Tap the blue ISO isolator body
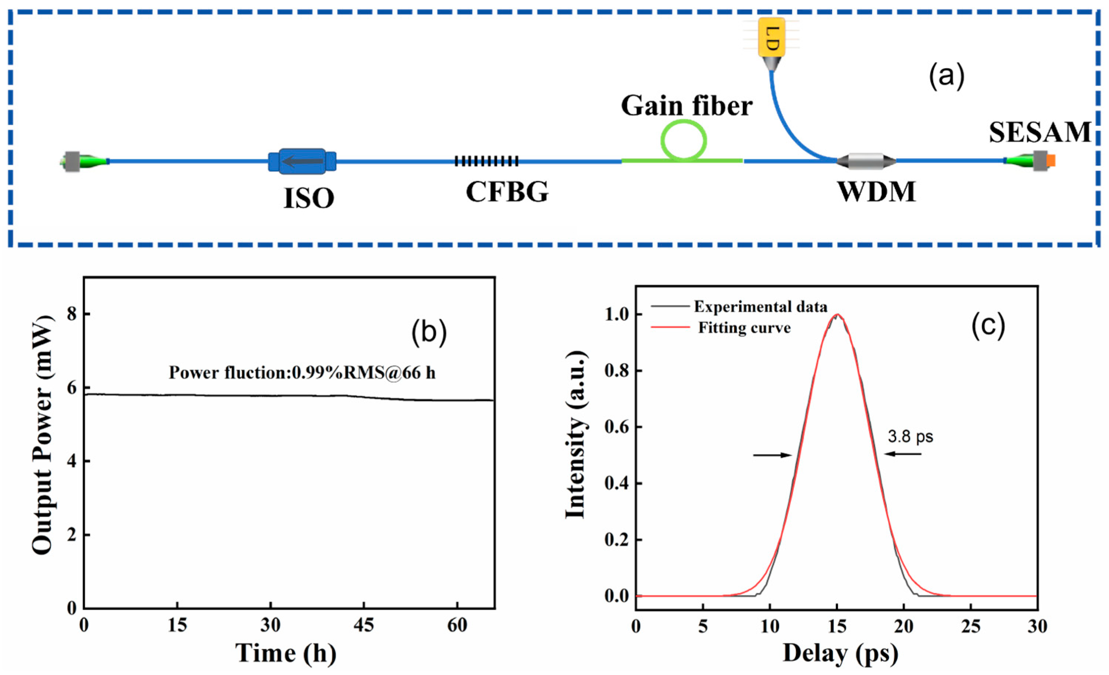click(302, 161)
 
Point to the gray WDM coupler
click(866, 161)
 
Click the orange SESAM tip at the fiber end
click(1051, 160)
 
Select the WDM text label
click(876, 192)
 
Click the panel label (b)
click(429, 332)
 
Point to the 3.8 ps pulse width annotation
click(910, 436)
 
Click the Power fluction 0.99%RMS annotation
click(302, 373)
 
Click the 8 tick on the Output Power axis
click(72, 314)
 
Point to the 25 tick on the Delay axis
click(970, 626)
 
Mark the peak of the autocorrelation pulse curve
click(837, 314)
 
